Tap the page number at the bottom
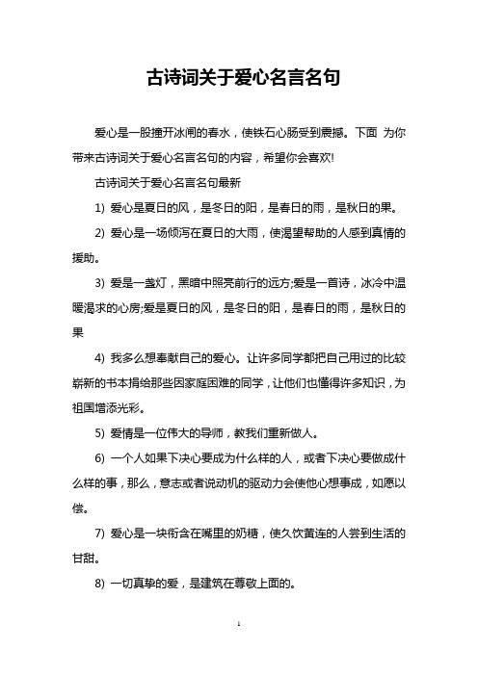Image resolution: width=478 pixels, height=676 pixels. click(239, 652)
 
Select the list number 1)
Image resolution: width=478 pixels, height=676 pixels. click(101, 180)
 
